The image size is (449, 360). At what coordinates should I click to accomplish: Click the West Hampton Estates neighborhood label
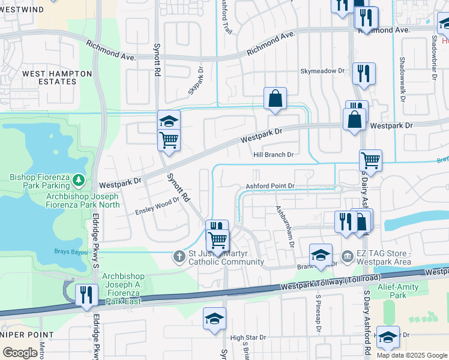[x=57, y=77]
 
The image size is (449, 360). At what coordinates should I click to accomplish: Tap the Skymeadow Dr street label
[x=323, y=71]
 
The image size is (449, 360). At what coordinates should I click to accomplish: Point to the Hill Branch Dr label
[x=273, y=154]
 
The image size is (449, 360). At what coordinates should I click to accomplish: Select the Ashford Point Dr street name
[x=270, y=187]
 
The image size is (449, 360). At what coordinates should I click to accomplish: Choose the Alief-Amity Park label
[x=406, y=291]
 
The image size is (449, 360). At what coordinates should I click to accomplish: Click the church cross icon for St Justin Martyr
[x=178, y=257]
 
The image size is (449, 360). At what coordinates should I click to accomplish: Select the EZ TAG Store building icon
[x=348, y=257]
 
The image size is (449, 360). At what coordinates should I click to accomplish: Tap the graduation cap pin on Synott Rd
[x=169, y=120]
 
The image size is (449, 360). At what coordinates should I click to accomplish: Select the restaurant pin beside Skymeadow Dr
[x=364, y=73]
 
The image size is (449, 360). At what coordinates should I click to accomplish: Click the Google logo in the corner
[x=20, y=352]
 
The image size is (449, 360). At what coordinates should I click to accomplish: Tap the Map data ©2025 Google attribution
[x=411, y=355]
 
